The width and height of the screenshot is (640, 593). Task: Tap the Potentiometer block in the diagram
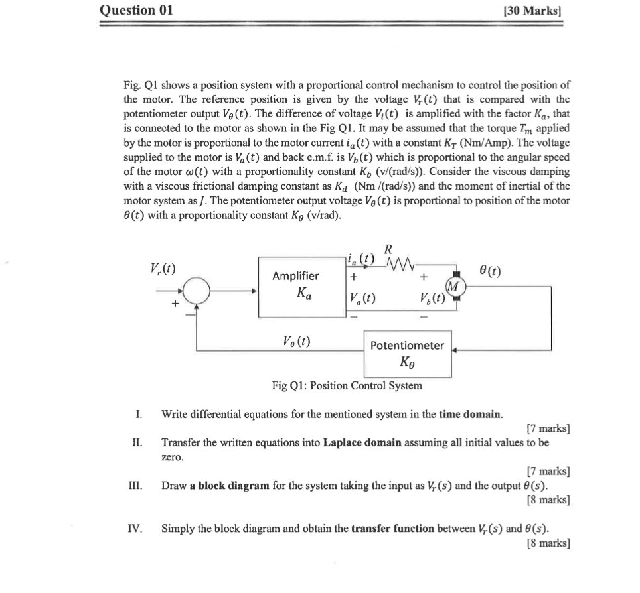[x=407, y=354]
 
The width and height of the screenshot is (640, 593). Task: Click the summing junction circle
[x=196, y=291]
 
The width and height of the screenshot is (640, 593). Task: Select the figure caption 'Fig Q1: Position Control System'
[x=347, y=385]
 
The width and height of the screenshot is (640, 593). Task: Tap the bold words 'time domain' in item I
[x=470, y=415]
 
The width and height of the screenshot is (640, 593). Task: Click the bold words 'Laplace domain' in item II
[x=360, y=442]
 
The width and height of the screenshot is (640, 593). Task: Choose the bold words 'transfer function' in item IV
[x=392, y=529]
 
